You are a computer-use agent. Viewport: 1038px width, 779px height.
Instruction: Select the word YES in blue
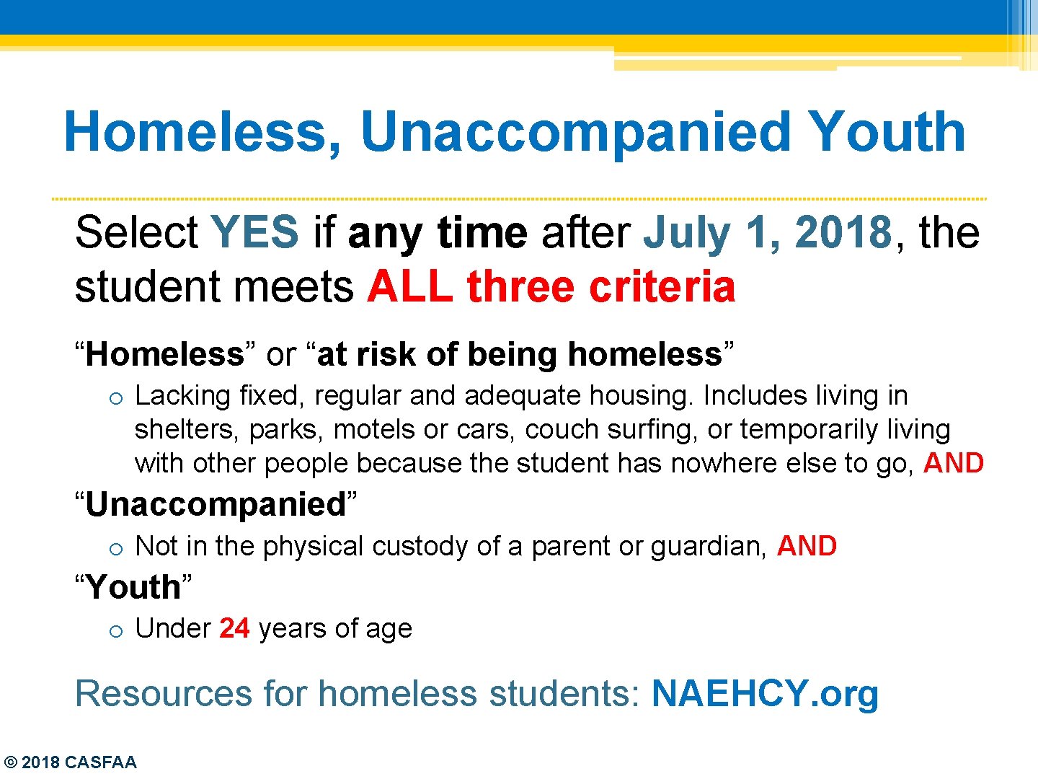(254, 233)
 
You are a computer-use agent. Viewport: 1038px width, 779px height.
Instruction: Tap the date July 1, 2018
(768, 233)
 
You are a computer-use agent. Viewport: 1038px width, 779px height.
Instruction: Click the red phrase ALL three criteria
(551, 287)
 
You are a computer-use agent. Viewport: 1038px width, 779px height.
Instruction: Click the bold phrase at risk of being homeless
(519, 354)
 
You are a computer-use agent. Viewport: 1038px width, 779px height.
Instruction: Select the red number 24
(234, 628)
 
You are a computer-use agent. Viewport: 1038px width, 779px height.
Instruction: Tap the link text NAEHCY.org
(765, 694)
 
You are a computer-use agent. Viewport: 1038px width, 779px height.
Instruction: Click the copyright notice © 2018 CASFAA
(70, 762)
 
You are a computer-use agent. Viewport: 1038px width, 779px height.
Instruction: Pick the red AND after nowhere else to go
(953, 463)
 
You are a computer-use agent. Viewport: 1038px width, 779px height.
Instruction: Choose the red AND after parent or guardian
(807, 546)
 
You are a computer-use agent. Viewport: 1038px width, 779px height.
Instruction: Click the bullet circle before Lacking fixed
(116, 398)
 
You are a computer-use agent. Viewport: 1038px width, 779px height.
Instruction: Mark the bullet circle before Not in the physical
(116, 549)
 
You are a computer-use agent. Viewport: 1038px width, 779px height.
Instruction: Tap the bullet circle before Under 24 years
(116, 631)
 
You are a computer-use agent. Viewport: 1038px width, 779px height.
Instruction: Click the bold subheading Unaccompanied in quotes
(216, 504)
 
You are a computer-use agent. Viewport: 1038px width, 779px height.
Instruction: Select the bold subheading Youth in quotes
(133, 587)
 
